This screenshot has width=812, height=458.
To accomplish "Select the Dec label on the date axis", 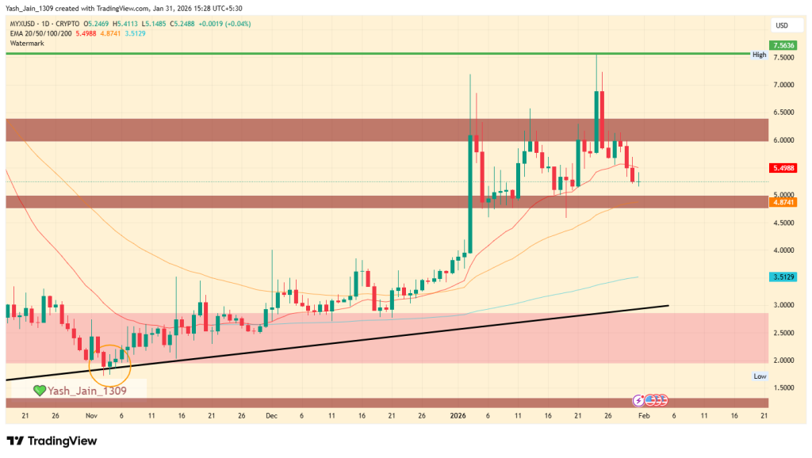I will (x=272, y=414).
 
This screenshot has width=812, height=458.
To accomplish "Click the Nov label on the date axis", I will (x=91, y=414).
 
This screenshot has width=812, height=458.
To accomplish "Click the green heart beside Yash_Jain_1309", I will (x=39, y=390).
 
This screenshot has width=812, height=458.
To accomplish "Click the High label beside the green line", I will (x=759, y=55).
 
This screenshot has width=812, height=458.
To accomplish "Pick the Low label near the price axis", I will (x=759, y=376).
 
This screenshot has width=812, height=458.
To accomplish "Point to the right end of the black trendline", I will (x=668, y=305).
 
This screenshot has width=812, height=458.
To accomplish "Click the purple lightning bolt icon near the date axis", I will (x=638, y=399).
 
